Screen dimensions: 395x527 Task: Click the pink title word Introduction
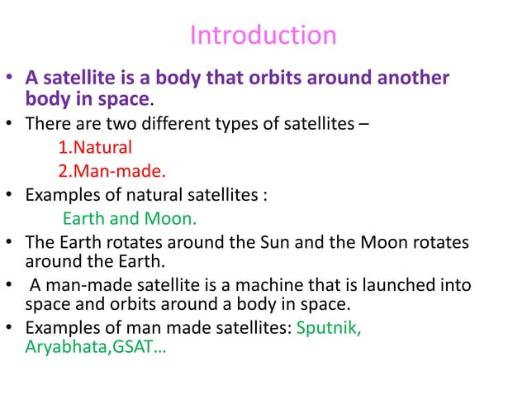(x=263, y=36)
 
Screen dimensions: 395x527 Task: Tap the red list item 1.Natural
(x=95, y=149)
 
